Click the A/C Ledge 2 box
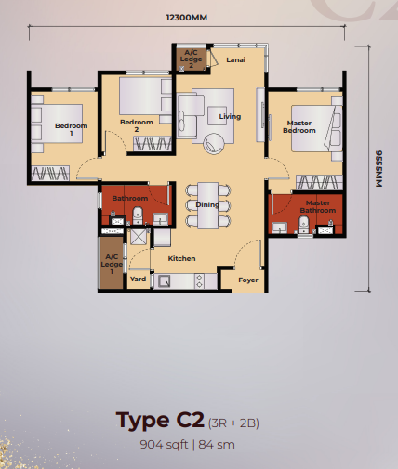[190, 58]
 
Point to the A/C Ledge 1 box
[112, 263]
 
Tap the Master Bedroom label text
[299, 127]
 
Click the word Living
[230, 117]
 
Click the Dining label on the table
[207, 205]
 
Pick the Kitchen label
[181, 258]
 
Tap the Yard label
[138, 278]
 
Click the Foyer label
[247, 279]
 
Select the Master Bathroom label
[319, 206]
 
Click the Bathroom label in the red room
[130, 198]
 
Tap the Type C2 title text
[161, 420]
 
